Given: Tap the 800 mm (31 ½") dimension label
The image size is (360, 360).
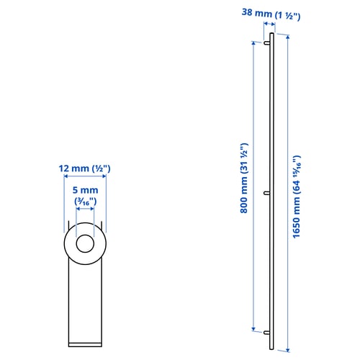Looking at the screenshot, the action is tap(244, 178).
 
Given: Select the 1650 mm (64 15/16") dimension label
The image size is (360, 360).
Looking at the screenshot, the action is tap(297, 197).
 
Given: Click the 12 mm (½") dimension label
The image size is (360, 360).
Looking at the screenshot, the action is tap(85, 168).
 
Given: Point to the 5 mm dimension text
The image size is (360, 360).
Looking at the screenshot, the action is tap(86, 190).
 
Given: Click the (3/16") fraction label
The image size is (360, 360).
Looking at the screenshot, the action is tap(86, 202).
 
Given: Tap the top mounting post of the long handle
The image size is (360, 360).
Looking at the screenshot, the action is tap(267, 43).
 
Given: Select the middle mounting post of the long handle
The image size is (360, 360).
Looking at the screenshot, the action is tap(267, 193).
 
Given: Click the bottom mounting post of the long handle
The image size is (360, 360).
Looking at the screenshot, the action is tap(267, 333).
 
